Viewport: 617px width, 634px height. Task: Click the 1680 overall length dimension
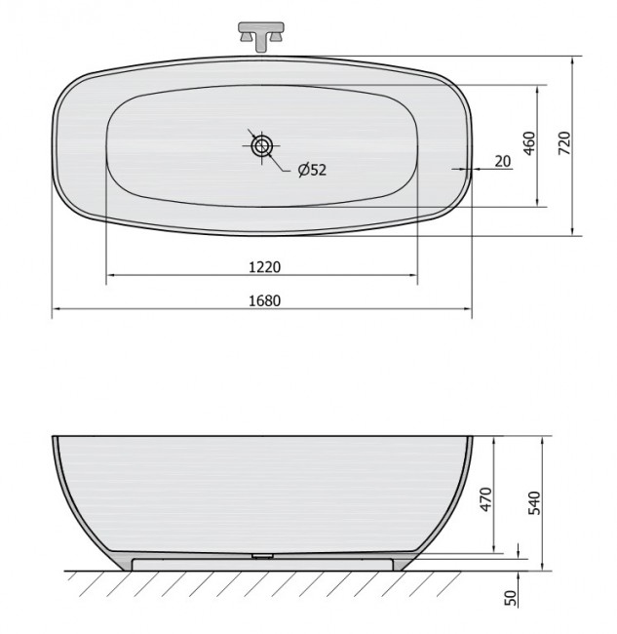pyautogui.click(x=264, y=300)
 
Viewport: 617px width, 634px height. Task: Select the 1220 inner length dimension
pyautogui.click(x=264, y=267)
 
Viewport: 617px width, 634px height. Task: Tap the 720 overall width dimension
pyautogui.click(x=564, y=142)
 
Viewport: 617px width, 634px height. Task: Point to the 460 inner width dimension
pyautogui.click(x=529, y=143)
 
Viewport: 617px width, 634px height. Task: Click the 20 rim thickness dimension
pyautogui.click(x=503, y=161)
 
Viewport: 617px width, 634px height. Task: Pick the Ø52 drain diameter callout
pyautogui.click(x=312, y=170)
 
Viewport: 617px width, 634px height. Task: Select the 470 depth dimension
pyautogui.click(x=486, y=499)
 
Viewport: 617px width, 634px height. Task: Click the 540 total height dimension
pyautogui.click(x=534, y=502)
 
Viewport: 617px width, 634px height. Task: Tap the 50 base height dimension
pyautogui.click(x=511, y=598)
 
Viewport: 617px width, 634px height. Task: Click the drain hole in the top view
pyautogui.click(x=262, y=145)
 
